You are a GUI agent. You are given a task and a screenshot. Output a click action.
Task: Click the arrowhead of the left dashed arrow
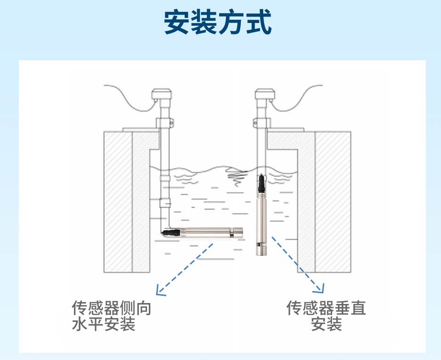coord(159,291)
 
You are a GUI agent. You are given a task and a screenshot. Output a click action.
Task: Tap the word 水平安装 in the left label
coord(104,325)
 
